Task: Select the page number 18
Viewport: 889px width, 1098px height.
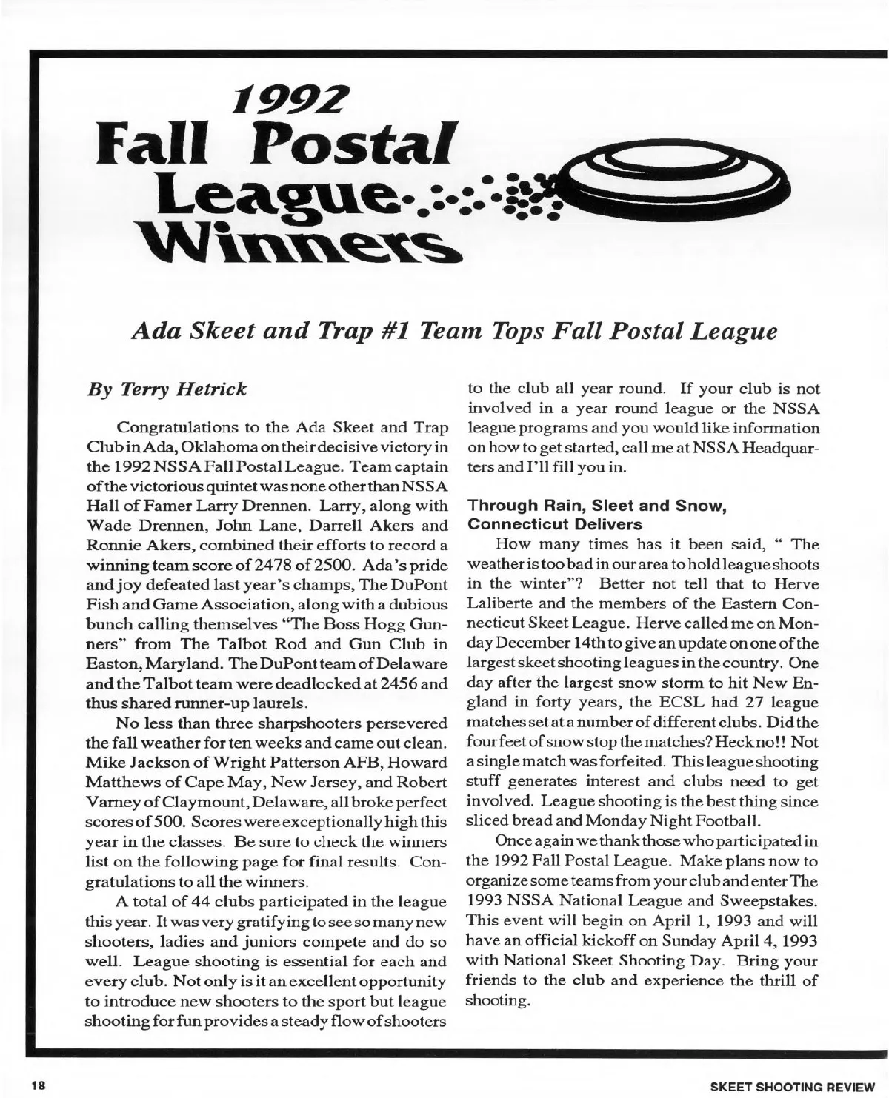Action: pos(38,1086)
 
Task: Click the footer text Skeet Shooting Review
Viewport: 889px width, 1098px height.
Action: pos(788,1086)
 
